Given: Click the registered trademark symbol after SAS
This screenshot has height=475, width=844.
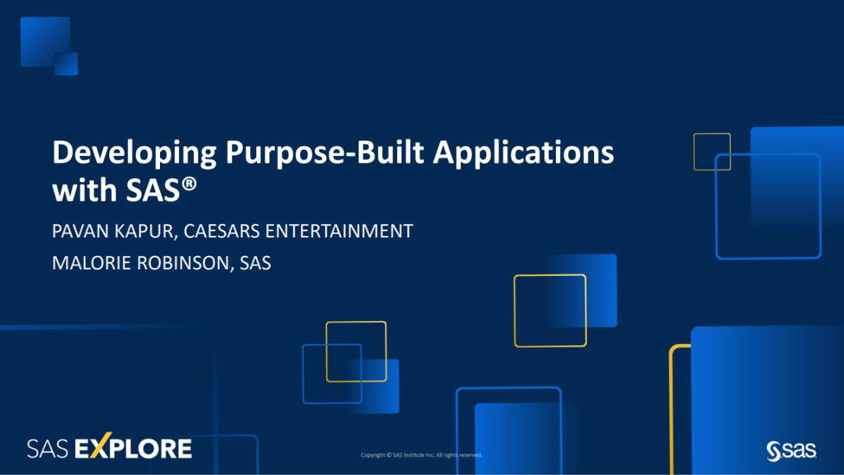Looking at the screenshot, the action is coord(189,184).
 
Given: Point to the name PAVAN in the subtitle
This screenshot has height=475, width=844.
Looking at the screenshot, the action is coord(81,231).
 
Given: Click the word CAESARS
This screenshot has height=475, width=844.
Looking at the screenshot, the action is coord(222,231).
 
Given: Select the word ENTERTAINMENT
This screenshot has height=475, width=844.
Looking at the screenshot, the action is coord(339,231).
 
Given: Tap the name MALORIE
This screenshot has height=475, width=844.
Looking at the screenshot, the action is coord(92,263).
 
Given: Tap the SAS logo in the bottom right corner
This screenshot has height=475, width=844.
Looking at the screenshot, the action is coord(792,451).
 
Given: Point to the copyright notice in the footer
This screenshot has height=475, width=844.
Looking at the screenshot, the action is coord(421,455).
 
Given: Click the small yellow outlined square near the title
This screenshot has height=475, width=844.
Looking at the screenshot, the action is coord(712,134).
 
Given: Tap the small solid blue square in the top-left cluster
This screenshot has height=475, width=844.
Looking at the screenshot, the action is coord(67,64).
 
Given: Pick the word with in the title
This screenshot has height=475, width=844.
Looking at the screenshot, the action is coord(85,190).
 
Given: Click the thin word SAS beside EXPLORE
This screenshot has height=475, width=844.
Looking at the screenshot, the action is coord(48,449).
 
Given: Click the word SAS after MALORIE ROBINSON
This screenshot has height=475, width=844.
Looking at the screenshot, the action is coord(255,263).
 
